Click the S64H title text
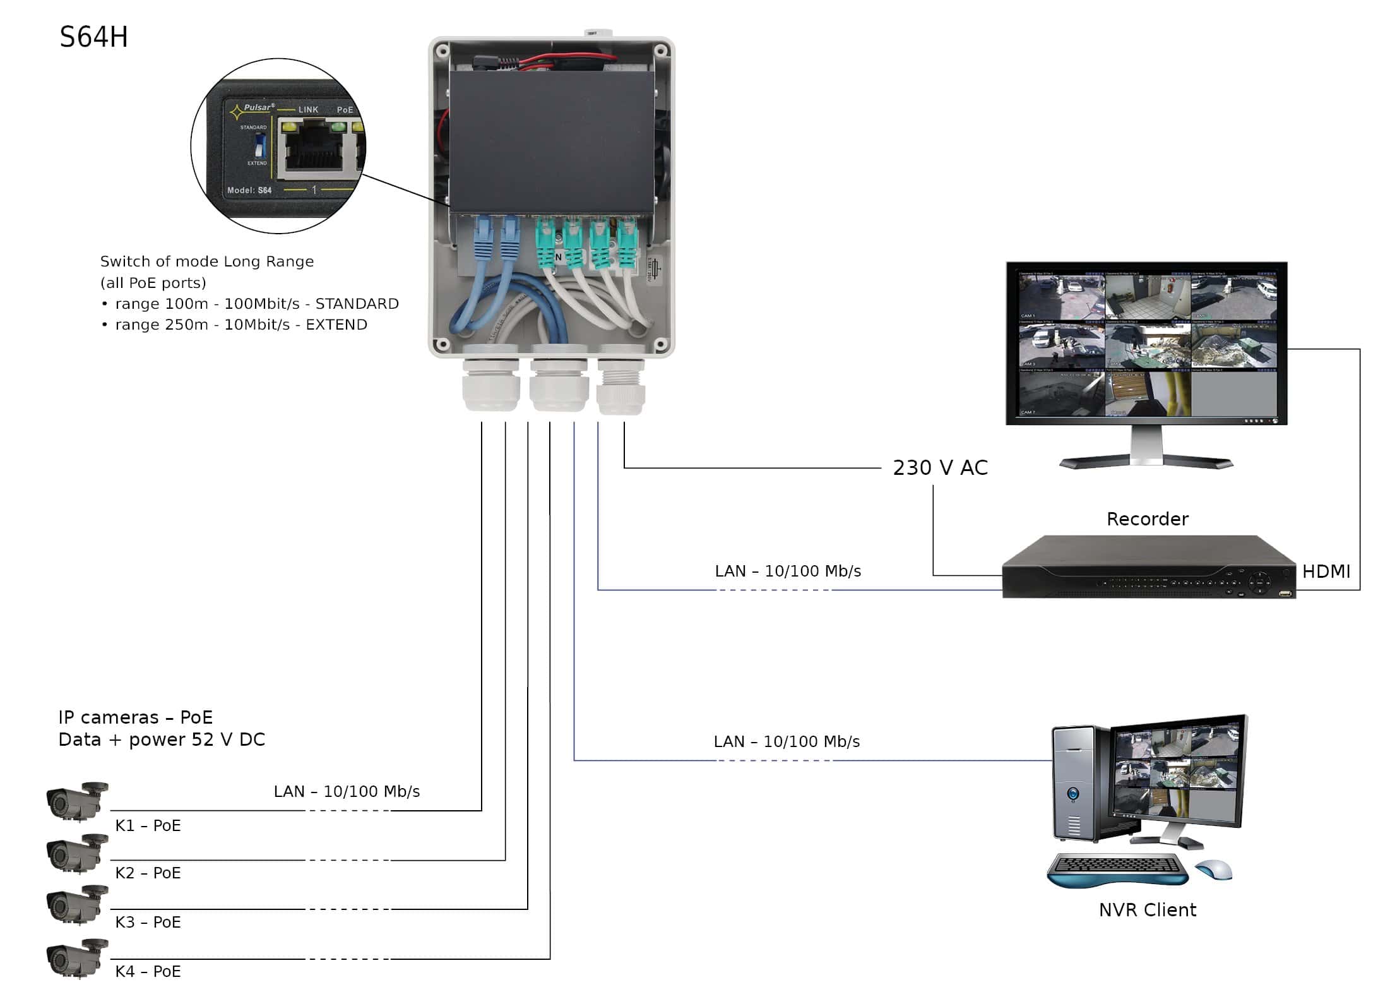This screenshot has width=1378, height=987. [x=93, y=37]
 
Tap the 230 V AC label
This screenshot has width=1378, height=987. [x=940, y=468]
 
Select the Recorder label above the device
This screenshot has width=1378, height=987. [x=1147, y=519]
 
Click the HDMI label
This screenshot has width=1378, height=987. [x=1326, y=571]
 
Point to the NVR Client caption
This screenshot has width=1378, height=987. [x=1147, y=910]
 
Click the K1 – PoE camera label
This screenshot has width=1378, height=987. [x=148, y=826]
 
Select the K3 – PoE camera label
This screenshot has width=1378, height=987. [x=148, y=923]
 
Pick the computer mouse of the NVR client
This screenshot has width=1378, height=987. [x=1213, y=870]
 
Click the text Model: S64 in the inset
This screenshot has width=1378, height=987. [x=249, y=190]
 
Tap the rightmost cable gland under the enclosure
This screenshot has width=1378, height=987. [x=621, y=388]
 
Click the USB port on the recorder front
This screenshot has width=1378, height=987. [x=1285, y=593]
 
